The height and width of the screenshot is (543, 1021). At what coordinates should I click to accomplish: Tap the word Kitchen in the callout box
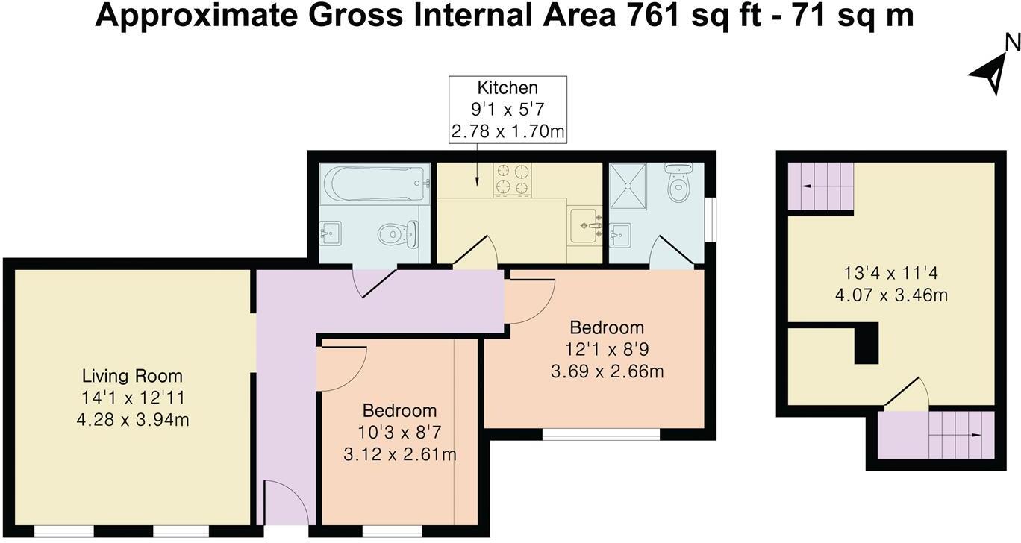click(508, 88)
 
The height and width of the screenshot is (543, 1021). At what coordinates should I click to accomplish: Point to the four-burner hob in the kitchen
click(513, 179)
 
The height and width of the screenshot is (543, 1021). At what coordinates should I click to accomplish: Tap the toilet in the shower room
click(678, 183)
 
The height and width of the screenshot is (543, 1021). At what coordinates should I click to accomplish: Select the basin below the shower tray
click(619, 236)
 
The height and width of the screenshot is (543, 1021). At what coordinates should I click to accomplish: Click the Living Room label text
click(132, 376)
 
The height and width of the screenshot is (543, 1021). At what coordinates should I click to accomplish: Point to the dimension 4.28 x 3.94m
click(132, 420)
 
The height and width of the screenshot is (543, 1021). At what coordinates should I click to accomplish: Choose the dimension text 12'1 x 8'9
click(606, 349)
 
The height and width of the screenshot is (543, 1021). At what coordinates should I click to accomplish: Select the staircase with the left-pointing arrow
click(820, 186)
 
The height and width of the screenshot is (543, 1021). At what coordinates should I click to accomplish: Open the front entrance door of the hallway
click(286, 503)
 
